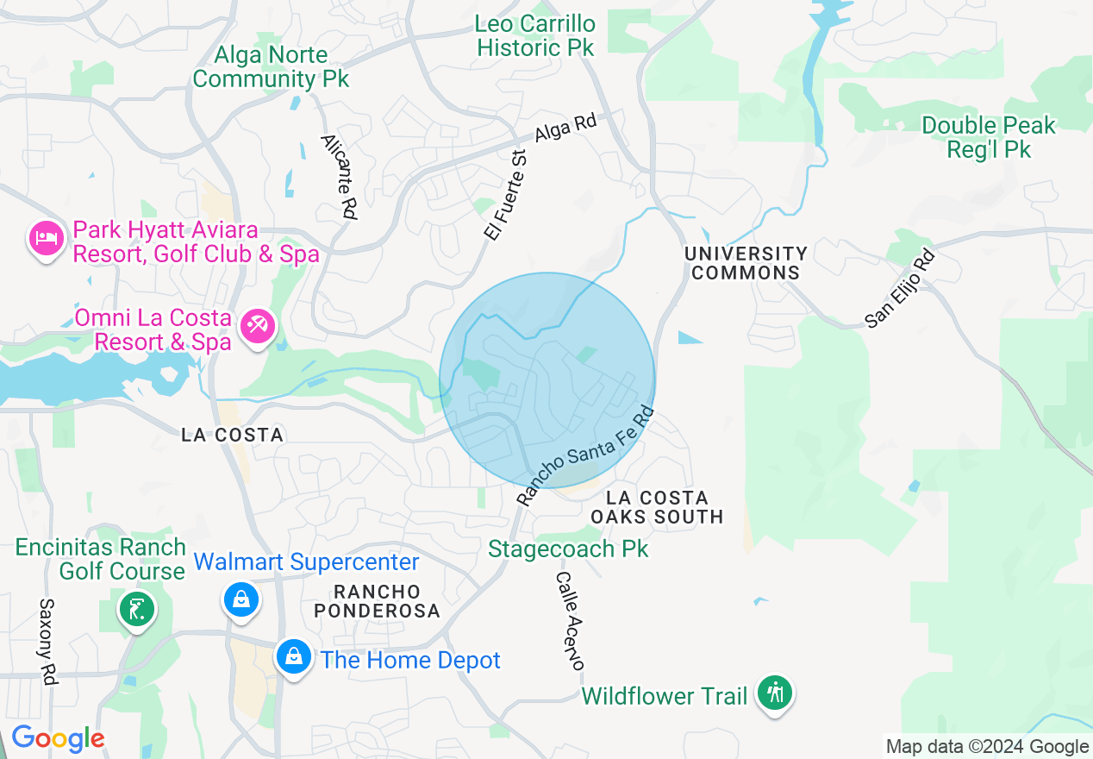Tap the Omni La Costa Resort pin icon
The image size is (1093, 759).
click(257, 327)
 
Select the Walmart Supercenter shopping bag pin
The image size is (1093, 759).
click(240, 599)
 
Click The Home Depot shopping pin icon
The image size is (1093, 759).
click(294, 657)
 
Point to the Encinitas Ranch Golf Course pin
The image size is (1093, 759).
click(137, 610)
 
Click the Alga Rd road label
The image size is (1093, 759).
click(565, 129)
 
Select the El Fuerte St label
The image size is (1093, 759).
click(505, 192)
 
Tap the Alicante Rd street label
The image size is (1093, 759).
click(339, 177)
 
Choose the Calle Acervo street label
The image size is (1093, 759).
click(570, 620)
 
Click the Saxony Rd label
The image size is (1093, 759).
click(47, 642)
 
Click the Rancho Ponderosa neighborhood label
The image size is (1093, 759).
click(377, 601)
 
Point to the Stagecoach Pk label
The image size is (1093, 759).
click(568, 549)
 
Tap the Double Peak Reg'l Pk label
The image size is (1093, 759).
click(989, 137)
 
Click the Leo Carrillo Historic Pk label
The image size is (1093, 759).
click(535, 35)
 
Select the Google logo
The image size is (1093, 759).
click(58, 739)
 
